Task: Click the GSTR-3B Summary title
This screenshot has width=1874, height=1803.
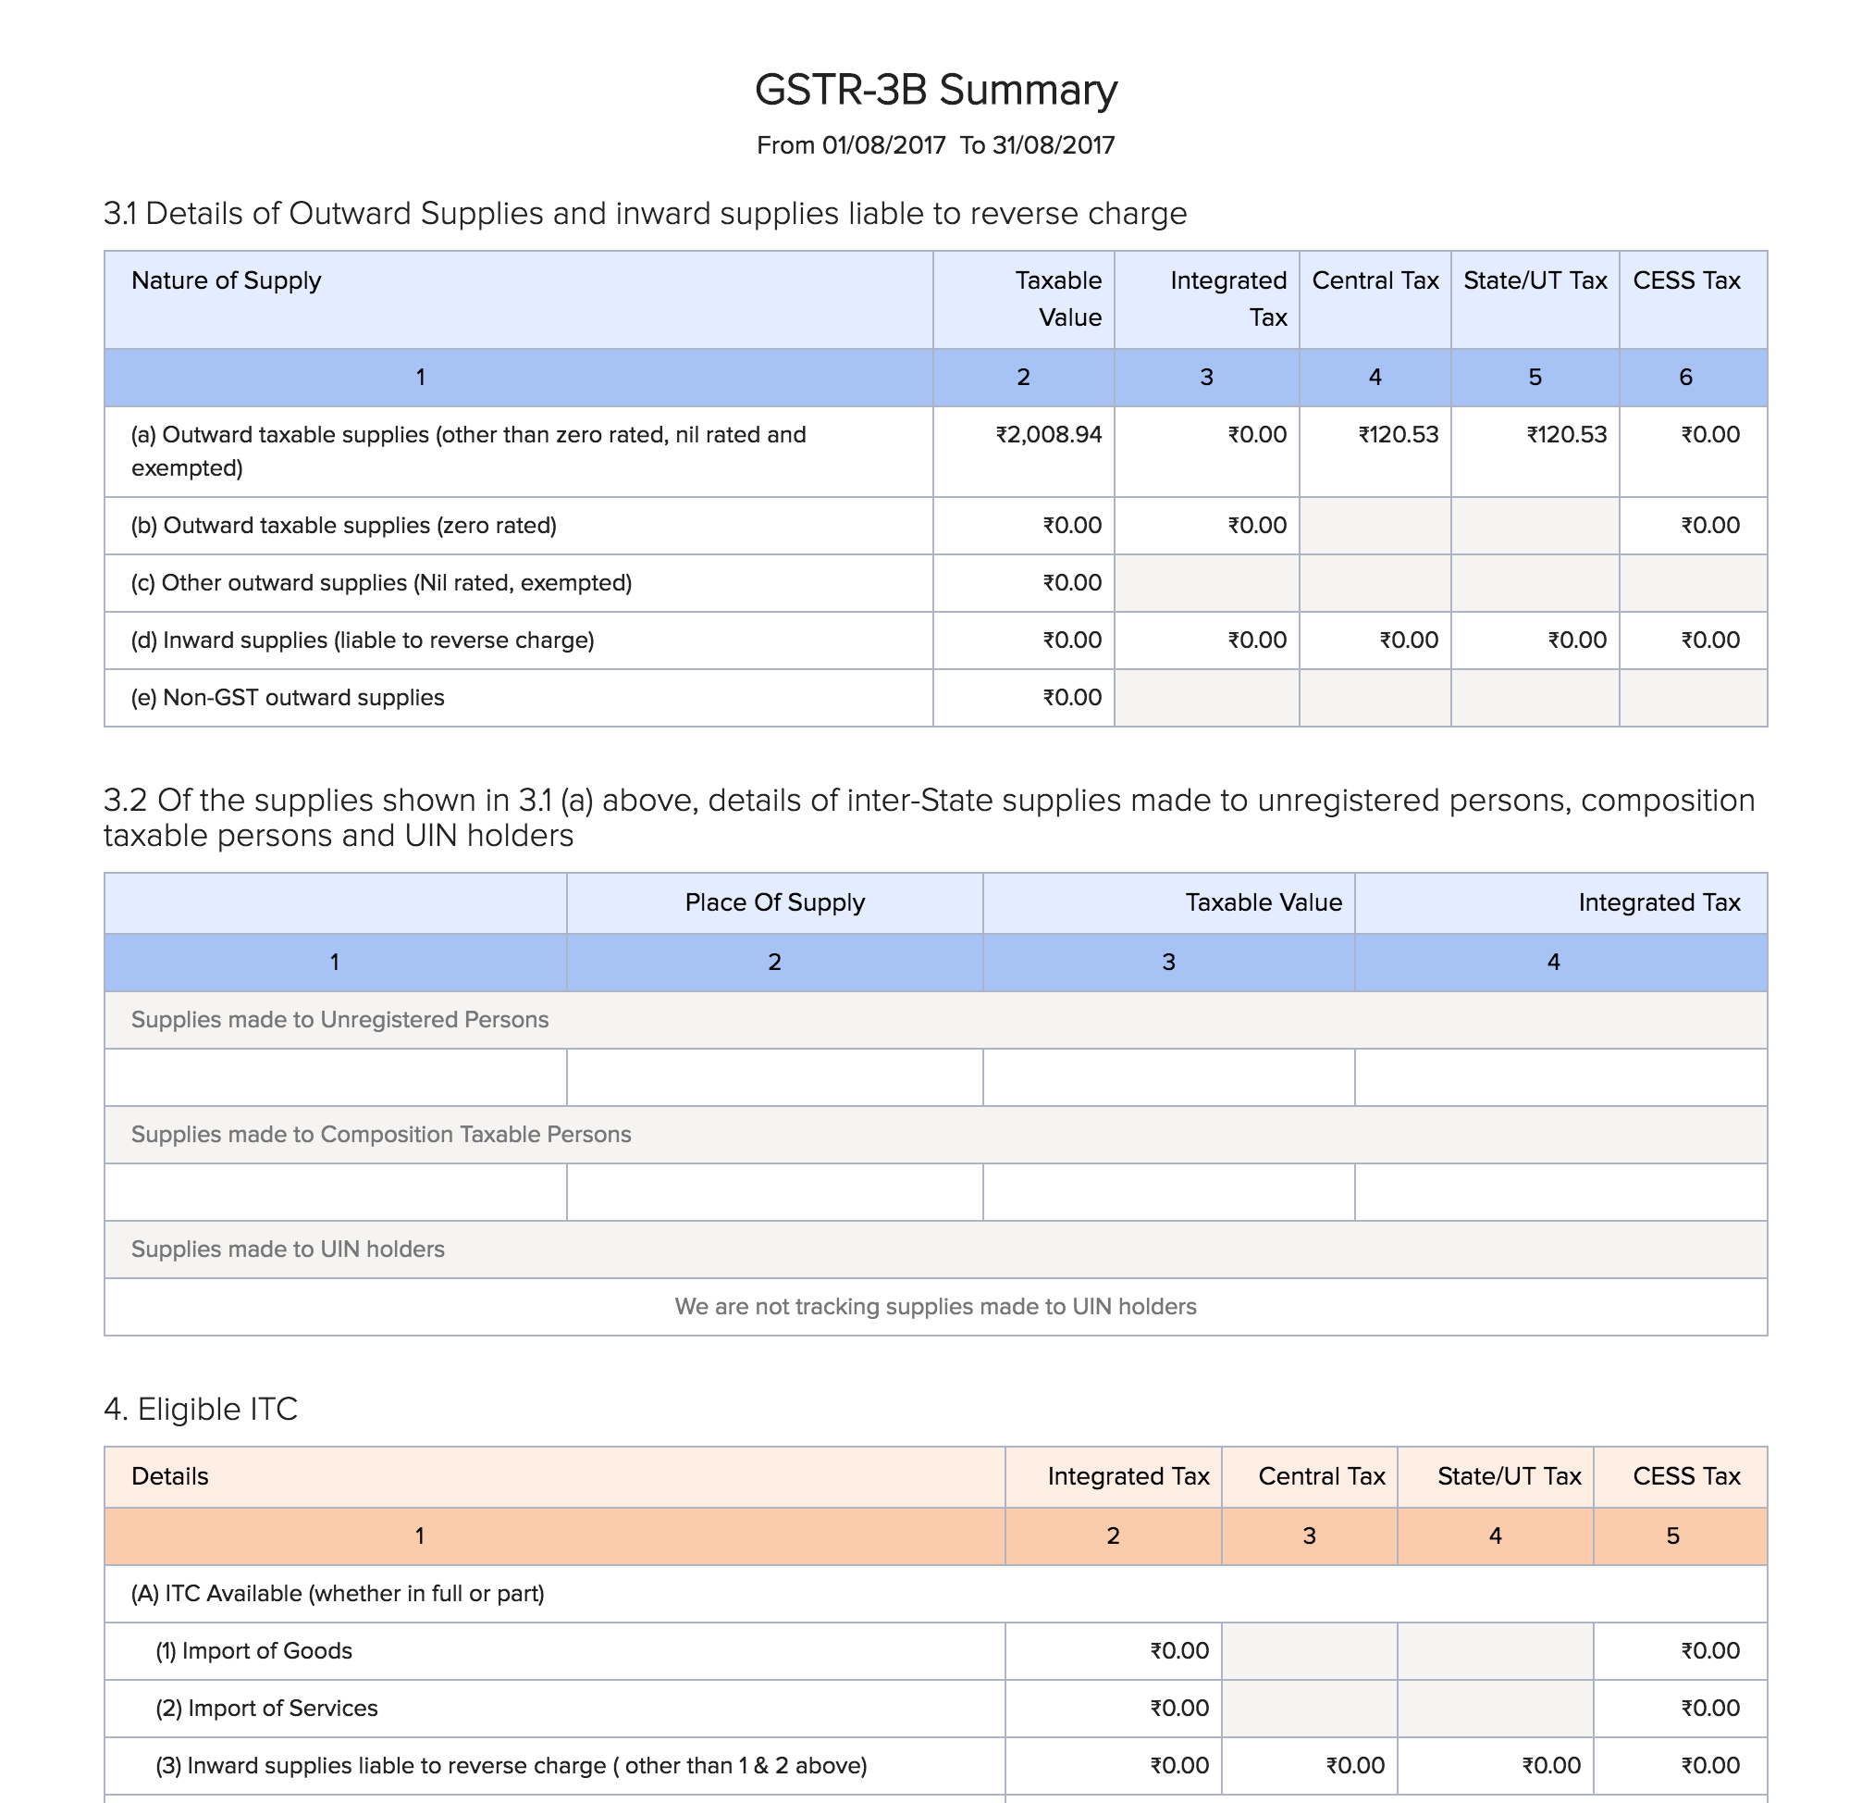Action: (935, 90)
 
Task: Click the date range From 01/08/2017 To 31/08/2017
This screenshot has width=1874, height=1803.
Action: (935, 145)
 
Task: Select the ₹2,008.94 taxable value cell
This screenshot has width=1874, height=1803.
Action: (1048, 435)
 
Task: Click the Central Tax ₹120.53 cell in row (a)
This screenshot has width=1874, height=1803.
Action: (1398, 435)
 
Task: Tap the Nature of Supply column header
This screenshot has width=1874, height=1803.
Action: (226, 280)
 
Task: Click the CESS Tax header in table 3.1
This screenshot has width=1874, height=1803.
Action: (1685, 280)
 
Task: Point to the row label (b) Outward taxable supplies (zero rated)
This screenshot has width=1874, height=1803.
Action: (343, 525)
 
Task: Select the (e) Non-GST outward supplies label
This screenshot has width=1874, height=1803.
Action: (287, 697)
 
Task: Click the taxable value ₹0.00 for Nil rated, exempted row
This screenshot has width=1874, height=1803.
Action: (1071, 582)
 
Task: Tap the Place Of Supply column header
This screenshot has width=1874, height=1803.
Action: (774, 902)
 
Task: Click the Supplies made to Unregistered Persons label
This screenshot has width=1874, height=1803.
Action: (339, 1020)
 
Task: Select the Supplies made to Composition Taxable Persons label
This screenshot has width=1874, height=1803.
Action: (380, 1135)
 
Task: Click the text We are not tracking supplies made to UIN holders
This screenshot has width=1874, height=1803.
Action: (935, 1307)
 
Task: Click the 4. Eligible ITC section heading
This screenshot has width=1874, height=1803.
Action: (201, 1409)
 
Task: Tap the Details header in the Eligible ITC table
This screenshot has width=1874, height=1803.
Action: (169, 1476)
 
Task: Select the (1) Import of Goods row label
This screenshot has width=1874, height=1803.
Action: (253, 1651)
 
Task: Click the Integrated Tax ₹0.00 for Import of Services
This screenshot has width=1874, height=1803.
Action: (1179, 1709)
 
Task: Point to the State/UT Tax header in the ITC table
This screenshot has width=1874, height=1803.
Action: (1509, 1476)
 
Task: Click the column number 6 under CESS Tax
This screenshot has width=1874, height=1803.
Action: (1685, 377)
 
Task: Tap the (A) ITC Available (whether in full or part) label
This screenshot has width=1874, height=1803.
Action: (338, 1594)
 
